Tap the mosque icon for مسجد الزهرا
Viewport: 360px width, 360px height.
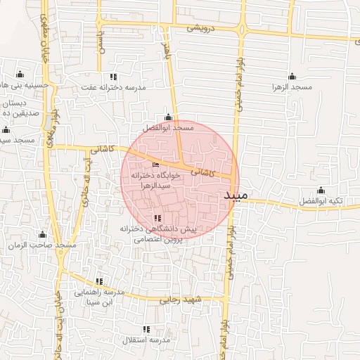pyautogui.click(x=292, y=77)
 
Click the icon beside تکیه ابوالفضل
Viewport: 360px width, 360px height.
pyautogui.click(x=321, y=190)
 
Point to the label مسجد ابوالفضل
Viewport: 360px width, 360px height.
pyautogui.click(x=167, y=129)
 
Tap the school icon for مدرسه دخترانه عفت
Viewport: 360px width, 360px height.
pyautogui.click(x=112, y=77)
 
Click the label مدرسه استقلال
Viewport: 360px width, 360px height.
pyautogui.click(x=146, y=340)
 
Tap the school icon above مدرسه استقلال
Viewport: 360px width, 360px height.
pyautogui.click(x=146, y=329)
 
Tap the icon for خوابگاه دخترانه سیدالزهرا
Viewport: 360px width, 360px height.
pyautogui.click(x=155, y=165)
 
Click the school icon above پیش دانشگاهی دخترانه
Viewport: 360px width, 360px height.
pyautogui.click(x=157, y=219)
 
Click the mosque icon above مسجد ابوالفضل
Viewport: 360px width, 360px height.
pyautogui.click(x=167, y=117)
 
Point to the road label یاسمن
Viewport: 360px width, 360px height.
pyautogui.click(x=100, y=30)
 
